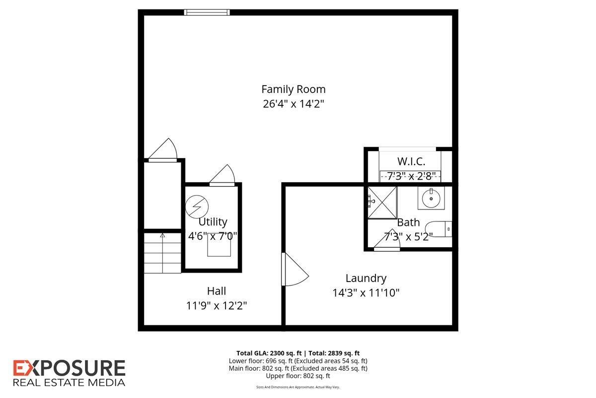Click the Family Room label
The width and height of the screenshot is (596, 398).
click(x=294, y=90)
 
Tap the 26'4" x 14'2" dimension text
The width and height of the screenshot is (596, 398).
click(x=294, y=103)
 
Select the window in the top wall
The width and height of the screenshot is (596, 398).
click(x=207, y=12)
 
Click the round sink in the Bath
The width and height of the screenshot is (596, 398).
click(x=431, y=198)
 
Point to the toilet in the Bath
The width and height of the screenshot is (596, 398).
click(x=439, y=229)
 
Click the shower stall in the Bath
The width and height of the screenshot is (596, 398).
click(x=382, y=202)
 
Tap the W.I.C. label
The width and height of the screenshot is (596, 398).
click(x=411, y=161)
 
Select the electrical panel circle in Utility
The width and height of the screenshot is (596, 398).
click(x=197, y=206)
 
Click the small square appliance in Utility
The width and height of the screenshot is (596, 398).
click(x=219, y=245)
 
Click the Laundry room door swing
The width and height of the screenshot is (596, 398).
click(x=295, y=269)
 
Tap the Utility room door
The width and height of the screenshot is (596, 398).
click(x=222, y=175)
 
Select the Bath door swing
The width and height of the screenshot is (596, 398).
click(x=387, y=240)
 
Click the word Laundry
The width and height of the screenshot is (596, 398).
click(x=366, y=278)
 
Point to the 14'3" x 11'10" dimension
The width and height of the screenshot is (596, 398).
click(x=366, y=293)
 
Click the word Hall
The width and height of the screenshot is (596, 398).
click(x=217, y=291)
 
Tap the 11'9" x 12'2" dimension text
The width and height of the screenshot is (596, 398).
click(x=217, y=305)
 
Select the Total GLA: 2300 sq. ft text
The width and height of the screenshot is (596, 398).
click(x=269, y=353)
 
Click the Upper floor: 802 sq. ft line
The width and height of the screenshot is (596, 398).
click(x=298, y=376)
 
